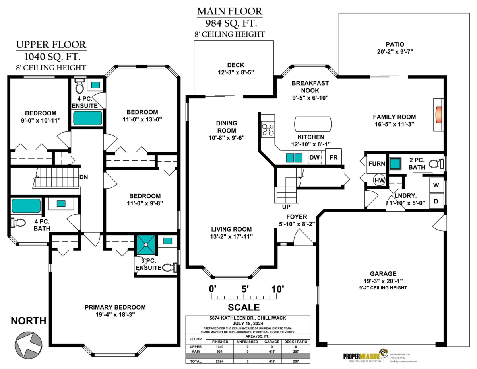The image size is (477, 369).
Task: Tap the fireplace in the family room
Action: [438, 115]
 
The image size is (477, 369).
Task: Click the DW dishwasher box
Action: [314, 158]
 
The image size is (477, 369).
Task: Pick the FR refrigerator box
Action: [334, 157]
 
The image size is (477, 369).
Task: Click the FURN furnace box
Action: [376, 164]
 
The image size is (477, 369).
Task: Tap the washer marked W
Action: [436, 185]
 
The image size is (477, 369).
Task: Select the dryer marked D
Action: [436, 201]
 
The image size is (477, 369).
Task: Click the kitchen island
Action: [312, 123]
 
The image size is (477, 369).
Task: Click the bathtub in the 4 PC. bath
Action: [26, 206]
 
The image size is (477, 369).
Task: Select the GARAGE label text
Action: [383, 274]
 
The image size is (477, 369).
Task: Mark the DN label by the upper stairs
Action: [83, 176]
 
